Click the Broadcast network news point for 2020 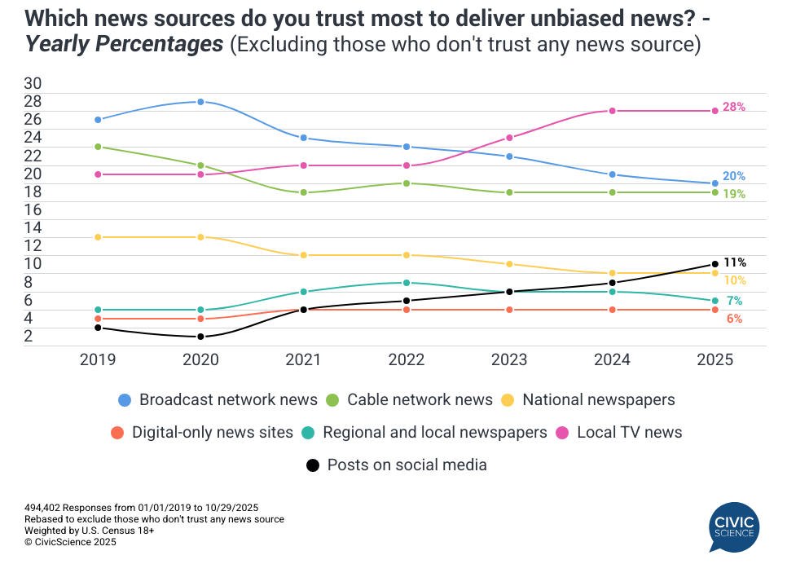point(200,102)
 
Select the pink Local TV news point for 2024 point(612,111)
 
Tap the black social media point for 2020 point(200,337)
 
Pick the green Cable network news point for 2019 point(98,147)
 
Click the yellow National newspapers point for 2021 point(303,255)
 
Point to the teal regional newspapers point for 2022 point(407,283)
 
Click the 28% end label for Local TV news point(734,107)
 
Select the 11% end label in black point(735,262)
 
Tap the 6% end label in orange point(734,319)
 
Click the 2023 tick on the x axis point(509,359)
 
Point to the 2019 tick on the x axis point(98,359)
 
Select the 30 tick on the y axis point(33,84)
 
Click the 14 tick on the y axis point(33,227)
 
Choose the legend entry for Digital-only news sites point(202,432)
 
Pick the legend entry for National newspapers point(587,399)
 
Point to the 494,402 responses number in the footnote point(44,508)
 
